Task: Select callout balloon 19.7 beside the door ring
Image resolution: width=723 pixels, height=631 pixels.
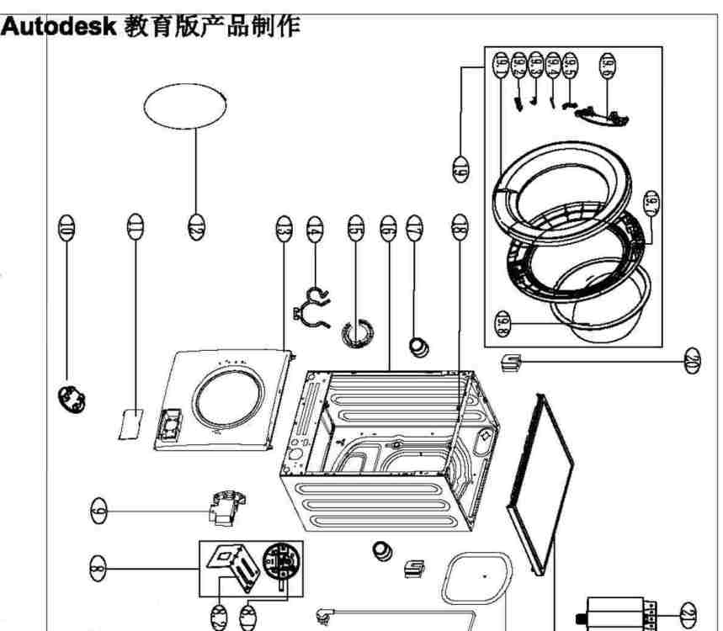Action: point(651,204)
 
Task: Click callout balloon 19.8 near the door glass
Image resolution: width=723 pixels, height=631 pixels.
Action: point(502,324)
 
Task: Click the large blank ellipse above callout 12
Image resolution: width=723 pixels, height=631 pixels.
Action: point(184,106)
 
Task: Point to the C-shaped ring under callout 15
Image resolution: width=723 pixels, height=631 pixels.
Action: point(357,332)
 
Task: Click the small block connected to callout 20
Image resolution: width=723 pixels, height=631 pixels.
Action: point(511,363)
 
